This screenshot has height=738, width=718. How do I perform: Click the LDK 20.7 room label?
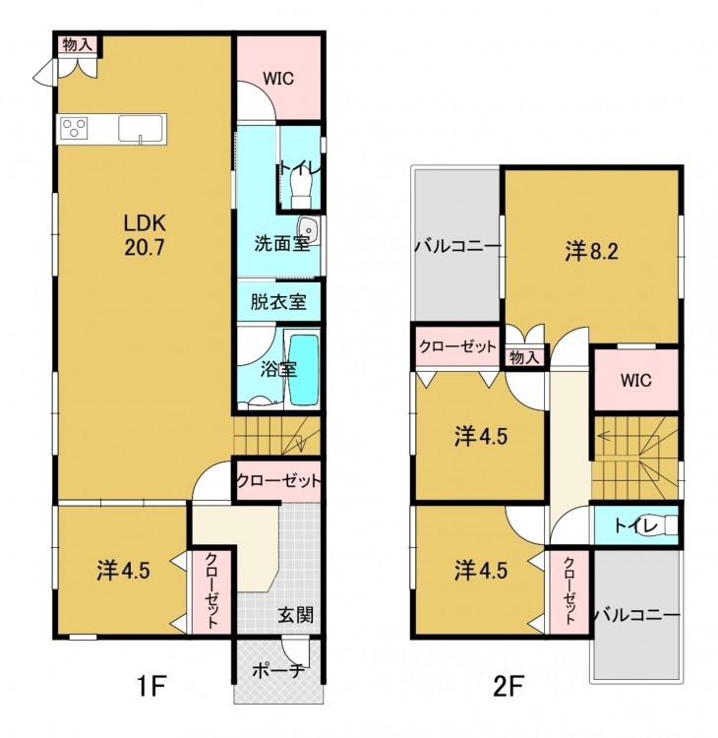click(x=145, y=235)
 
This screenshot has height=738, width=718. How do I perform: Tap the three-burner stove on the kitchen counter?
click(x=75, y=128)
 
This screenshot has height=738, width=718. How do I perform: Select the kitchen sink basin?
click(x=141, y=129)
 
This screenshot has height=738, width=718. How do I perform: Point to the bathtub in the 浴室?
click(x=304, y=369)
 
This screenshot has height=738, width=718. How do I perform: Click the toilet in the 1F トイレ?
click(x=302, y=188)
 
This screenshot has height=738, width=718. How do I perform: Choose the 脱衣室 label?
click(x=278, y=302)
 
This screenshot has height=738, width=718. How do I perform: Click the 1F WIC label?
click(x=278, y=78)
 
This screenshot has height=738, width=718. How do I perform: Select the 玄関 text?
click(x=295, y=614)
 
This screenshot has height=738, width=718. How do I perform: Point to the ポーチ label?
click(x=279, y=671)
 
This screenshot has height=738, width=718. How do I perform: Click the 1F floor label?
click(x=151, y=688)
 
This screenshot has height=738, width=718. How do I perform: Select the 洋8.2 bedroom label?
click(x=591, y=252)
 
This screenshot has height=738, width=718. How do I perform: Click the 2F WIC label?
click(x=636, y=380)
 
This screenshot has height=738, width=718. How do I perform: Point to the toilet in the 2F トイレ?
click(x=668, y=524)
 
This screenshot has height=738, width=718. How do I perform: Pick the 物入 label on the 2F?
click(x=524, y=357)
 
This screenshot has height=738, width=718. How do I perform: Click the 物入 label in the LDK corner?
click(x=77, y=45)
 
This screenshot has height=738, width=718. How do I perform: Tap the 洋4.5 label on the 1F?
click(x=123, y=571)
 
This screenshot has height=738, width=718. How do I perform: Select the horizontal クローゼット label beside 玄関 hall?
click(x=278, y=481)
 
